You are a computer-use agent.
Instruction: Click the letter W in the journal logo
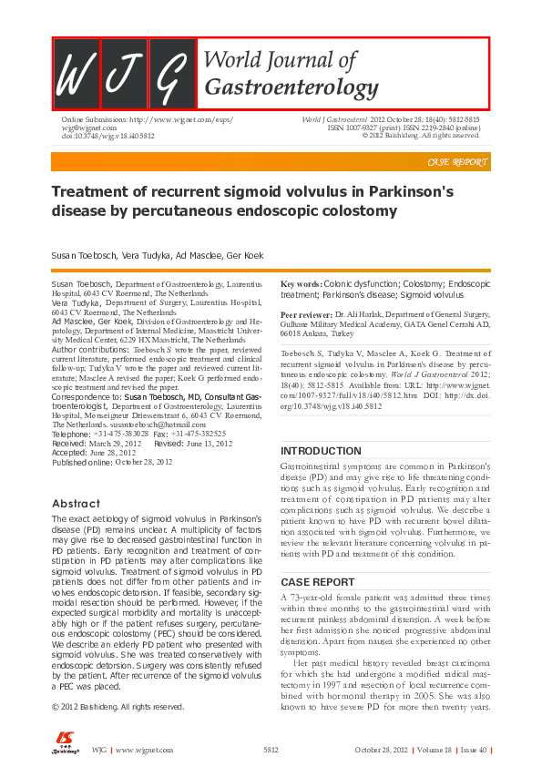[76, 75]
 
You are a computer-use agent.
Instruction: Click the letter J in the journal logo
[123, 75]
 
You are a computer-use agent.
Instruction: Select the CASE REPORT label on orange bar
[457, 162]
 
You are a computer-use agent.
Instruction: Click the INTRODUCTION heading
[321, 452]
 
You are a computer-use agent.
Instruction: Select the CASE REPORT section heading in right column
[317, 581]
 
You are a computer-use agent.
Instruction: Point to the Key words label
[301, 285]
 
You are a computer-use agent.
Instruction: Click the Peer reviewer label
[306, 312]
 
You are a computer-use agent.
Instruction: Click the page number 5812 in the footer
[271, 750]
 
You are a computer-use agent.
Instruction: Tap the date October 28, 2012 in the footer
[382, 750]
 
